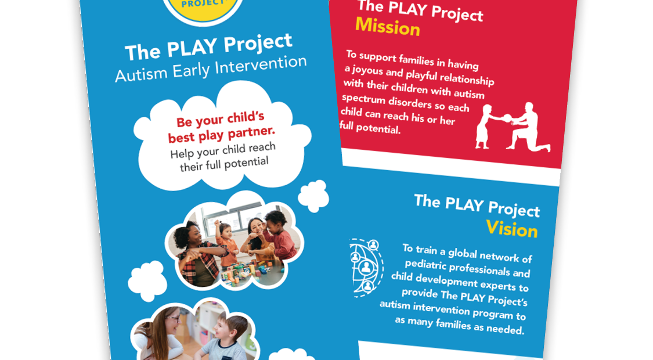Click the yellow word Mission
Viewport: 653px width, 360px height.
click(x=388, y=27)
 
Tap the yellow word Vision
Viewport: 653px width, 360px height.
click(x=512, y=229)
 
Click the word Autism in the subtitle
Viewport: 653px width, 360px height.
click(x=141, y=74)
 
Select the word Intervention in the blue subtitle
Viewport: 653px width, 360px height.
click(x=261, y=65)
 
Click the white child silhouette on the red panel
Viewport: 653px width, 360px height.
click(x=487, y=127)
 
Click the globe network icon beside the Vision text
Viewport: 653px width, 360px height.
click(x=365, y=267)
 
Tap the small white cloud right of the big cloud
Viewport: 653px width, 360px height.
click(x=313, y=196)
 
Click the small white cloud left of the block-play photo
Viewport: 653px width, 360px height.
click(x=147, y=281)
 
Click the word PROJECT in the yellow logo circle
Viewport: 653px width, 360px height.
click(x=203, y=3)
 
